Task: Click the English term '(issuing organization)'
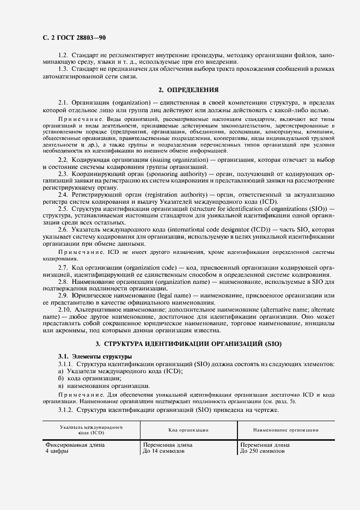click(x=173, y=160)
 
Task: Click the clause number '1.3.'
click(x=63, y=70)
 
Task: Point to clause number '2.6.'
click(x=63, y=229)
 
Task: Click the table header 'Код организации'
click(x=188, y=430)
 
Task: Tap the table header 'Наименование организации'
click(x=286, y=430)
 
